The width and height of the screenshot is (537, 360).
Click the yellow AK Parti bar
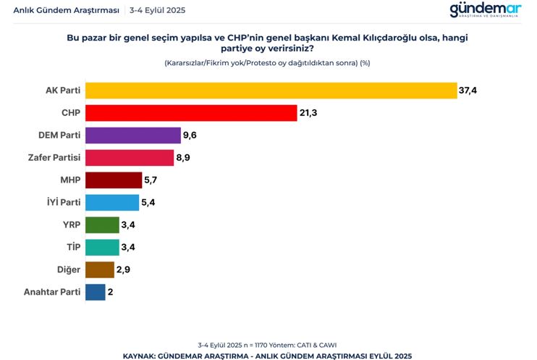point(271,91)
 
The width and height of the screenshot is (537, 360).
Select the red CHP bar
point(191,113)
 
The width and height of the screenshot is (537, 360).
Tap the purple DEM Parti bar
point(132,135)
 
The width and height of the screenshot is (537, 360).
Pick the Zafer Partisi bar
point(130,158)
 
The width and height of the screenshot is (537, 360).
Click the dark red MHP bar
point(114,180)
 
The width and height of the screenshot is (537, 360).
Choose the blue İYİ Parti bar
point(112,203)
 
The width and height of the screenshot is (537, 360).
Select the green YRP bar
point(102,225)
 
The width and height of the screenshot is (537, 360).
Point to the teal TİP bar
point(102,248)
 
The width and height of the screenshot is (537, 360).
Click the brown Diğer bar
point(100,270)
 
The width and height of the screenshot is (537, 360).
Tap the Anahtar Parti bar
point(96,293)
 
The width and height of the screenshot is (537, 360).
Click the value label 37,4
point(468,91)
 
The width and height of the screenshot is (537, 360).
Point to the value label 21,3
point(309,113)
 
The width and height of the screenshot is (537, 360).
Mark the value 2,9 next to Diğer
point(124,270)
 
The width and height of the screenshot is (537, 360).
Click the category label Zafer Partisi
point(54,158)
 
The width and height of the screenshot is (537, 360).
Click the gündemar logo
point(485,9)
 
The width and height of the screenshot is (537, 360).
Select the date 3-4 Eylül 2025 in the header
point(157,10)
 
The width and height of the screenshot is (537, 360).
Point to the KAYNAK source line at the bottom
point(268,355)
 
